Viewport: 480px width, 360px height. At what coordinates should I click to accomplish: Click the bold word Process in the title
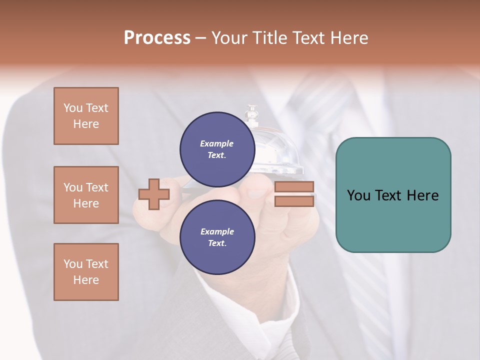click(157, 38)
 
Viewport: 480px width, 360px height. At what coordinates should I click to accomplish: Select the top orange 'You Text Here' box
click(86, 116)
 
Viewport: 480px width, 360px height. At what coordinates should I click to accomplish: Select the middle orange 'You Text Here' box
click(86, 195)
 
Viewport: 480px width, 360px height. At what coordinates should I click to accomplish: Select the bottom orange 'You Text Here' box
click(86, 272)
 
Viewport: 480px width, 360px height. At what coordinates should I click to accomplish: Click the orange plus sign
click(153, 194)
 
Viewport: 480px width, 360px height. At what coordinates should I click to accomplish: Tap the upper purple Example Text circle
click(217, 149)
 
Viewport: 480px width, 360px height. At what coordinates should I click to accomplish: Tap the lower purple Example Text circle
click(217, 237)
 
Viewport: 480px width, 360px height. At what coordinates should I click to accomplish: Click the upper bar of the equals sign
click(294, 187)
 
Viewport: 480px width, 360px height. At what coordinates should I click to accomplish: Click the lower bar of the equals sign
click(294, 201)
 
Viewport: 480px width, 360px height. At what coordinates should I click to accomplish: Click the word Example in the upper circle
click(217, 143)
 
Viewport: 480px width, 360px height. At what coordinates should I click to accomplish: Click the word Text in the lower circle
click(217, 243)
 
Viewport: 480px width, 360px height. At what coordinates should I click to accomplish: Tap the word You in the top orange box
click(73, 108)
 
